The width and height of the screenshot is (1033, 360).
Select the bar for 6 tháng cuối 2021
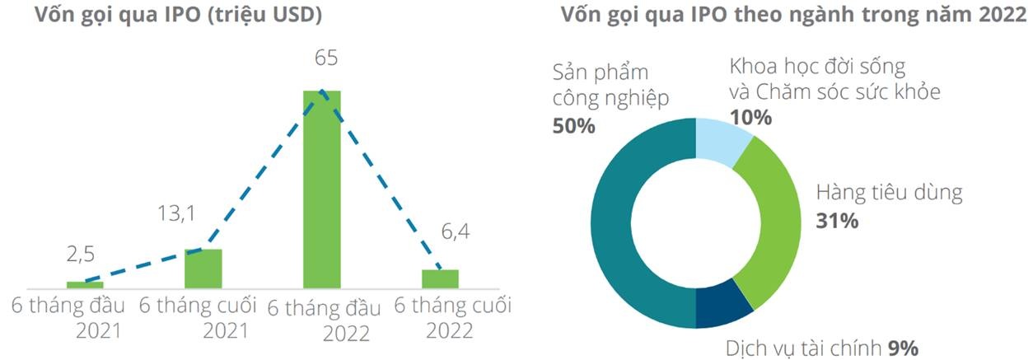(203, 268)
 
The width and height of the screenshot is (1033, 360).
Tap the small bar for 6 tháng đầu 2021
(85, 284)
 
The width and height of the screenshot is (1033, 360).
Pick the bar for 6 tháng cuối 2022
(440, 278)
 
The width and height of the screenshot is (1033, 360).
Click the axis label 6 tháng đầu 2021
(68, 318)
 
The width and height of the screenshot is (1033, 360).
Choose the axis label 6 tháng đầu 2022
(325, 320)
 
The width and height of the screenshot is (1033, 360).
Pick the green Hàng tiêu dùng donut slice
(774, 222)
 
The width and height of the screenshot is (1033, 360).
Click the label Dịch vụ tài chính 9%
(834, 347)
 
